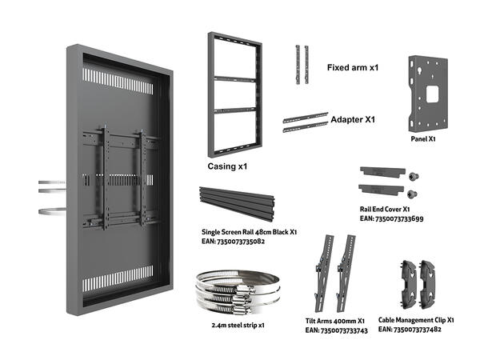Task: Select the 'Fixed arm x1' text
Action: coord(352,67)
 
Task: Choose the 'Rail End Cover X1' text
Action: coord(384,209)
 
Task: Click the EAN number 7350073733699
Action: coord(391,218)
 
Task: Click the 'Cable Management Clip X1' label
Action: coord(417,318)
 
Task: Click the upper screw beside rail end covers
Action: coord(413,175)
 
